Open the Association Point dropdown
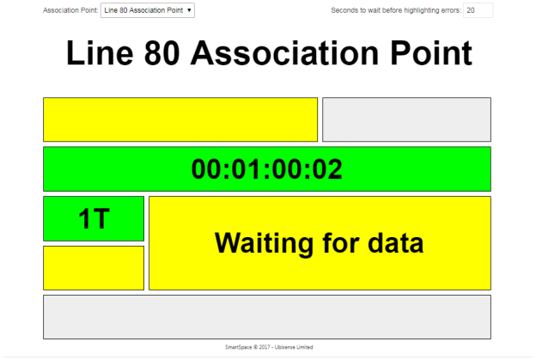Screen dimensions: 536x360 coord(148,10)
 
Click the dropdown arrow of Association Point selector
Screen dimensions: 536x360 coord(189,10)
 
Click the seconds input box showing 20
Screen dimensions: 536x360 coord(478,10)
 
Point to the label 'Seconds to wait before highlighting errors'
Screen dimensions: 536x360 coord(396,10)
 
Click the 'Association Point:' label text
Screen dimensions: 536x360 coord(70,10)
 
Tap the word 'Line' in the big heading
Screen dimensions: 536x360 coord(100,53)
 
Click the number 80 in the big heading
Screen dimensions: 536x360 coord(161,53)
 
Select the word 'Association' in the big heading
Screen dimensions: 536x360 coord(285,53)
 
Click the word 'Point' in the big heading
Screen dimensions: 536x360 coord(431,53)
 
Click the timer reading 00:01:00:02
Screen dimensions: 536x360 coord(266,169)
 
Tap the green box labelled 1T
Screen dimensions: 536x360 coord(94,218)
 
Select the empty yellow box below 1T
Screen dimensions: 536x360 coord(94,268)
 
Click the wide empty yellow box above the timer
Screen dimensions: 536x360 coord(180,119)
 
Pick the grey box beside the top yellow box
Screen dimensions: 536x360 coord(407,119)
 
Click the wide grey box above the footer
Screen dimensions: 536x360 coord(267,317)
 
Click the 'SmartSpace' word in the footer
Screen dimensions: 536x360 coord(238,347)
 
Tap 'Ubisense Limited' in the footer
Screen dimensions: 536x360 coord(294,347)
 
